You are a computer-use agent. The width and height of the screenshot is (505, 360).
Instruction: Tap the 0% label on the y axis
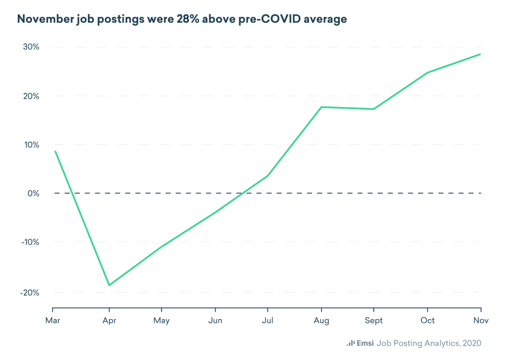click(34, 193)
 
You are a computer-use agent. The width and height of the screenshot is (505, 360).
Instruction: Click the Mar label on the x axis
click(52, 321)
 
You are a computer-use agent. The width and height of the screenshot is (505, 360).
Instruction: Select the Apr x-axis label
click(108, 321)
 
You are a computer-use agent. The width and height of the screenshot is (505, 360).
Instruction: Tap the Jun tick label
click(215, 321)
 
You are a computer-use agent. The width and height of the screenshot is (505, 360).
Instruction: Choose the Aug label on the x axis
click(322, 321)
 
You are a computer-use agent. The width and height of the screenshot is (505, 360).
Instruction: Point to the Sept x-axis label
click(374, 321)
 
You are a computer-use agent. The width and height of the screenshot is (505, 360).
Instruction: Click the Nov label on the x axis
click(481, 321)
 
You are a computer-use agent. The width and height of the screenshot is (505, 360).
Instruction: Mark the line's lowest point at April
click(108, 285)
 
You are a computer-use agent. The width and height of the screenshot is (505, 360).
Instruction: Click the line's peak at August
click(322, 107)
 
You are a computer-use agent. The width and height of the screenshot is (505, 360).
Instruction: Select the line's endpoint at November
click(480, 54)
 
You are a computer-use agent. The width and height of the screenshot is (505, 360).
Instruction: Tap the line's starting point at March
click(55, 151)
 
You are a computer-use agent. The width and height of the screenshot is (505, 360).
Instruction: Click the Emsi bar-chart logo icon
click(351, 343)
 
